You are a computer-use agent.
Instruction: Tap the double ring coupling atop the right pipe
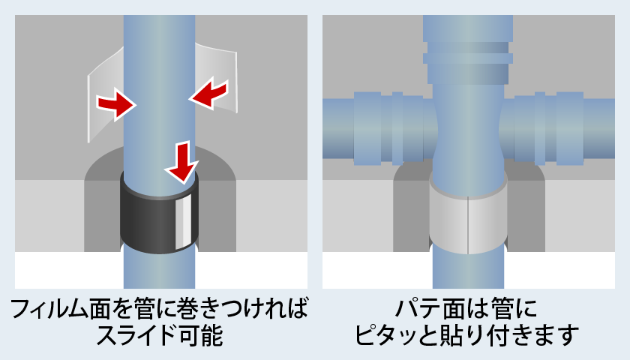[468, 52]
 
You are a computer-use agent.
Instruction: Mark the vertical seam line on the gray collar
[467, 225]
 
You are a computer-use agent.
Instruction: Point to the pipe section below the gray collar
[468, 270]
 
